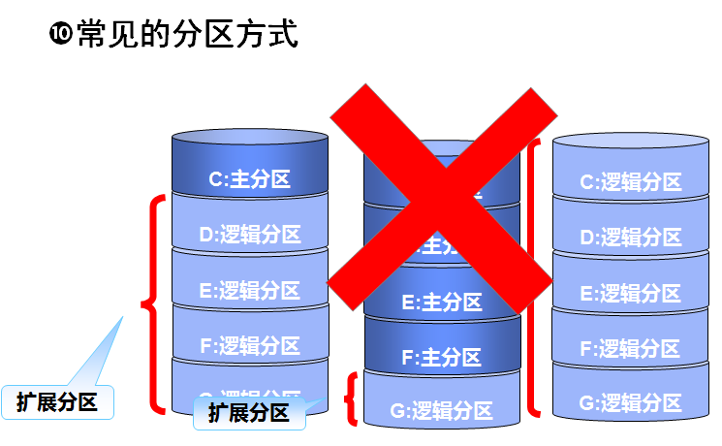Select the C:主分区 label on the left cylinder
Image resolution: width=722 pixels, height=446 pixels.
click(x=250, y=178)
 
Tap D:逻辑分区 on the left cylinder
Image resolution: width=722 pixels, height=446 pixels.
click(x=250, y=234)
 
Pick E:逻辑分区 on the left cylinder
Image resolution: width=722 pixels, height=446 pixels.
click(x=250, y=290)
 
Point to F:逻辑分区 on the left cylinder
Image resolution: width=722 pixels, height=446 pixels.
click(x=250, y=344)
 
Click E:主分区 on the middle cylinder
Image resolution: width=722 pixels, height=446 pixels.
click(x=441, y=302)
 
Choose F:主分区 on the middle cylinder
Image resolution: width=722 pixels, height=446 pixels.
click(x=441, y=357)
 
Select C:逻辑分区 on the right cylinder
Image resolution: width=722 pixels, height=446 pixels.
click(x=630, y=181)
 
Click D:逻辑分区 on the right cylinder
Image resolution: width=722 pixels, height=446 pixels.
click(x=630, y=237)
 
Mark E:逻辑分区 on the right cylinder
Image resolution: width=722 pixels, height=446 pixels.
click(x=630, y=293)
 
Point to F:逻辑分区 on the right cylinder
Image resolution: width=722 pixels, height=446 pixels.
click(x=630, y=347)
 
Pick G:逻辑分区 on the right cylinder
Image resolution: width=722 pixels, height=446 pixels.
click(x=630, y=401)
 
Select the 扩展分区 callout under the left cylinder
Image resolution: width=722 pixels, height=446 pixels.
click(x=249, y=413)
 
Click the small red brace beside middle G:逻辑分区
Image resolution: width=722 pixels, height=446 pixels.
click(x=353, y=399)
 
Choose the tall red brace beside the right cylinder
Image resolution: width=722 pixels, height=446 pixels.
click(x=534, y=276)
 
